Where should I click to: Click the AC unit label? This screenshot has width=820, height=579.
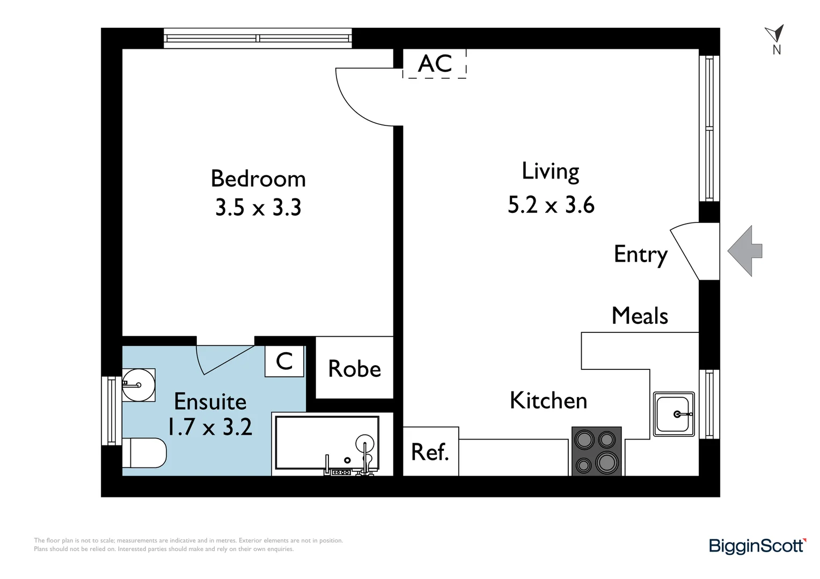(x=435, y=64)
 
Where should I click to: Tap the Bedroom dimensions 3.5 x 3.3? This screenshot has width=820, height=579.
(x=258, y=207)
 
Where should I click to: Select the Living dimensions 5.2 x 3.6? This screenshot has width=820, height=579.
(x=551, y=205)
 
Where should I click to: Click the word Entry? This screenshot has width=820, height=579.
(x=640, y=254)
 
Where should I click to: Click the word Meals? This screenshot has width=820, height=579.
(x=640, y=316)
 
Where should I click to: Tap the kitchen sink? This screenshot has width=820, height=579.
(x=673, y=414)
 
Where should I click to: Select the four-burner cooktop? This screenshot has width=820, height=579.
(x=596, y=451)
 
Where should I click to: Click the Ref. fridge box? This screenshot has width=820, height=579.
(x=430, y=451)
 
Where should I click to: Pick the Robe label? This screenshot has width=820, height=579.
(x=354, y=369)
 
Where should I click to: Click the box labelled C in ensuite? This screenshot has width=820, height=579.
(x=284, y=361)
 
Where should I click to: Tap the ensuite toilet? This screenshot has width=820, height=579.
(x=144, y=453)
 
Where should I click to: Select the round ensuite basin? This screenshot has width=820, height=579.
(x=138, y=385)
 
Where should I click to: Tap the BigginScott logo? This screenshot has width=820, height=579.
(x=757, y=546)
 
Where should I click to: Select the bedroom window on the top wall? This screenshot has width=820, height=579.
(x=258, y=38)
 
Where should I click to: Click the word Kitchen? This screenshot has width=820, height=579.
(x=548, y=400)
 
